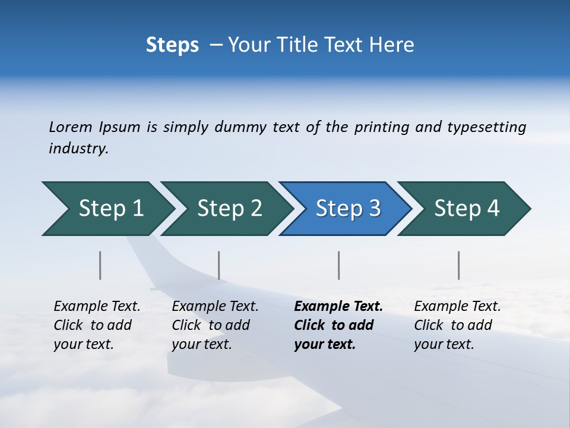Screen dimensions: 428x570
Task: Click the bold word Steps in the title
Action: pyautogui.click(x=172, y=45)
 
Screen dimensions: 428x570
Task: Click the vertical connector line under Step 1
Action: pyautogui.click(x=100, y=265)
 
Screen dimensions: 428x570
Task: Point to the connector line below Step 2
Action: pyautogui.click(x=219, y=265)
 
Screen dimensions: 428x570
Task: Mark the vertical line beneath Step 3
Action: pyautogui.click(x=338, y=265)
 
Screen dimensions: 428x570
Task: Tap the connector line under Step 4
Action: pyautogui.click(x=459, y=265)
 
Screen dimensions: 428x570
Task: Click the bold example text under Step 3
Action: pyautogui.click(x=338, y=325)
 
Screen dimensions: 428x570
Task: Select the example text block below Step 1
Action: pyautogui.click(x=97, y=325)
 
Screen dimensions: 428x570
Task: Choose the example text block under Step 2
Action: pyautogui.click(x=215, y=325)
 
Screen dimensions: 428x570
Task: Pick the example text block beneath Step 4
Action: pyautogui.click(x=457, y=325)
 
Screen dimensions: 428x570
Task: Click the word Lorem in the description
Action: pyautogui.click(x=71, y=127)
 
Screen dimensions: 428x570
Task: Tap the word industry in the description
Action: pyautogui.click(x=78, y=149)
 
